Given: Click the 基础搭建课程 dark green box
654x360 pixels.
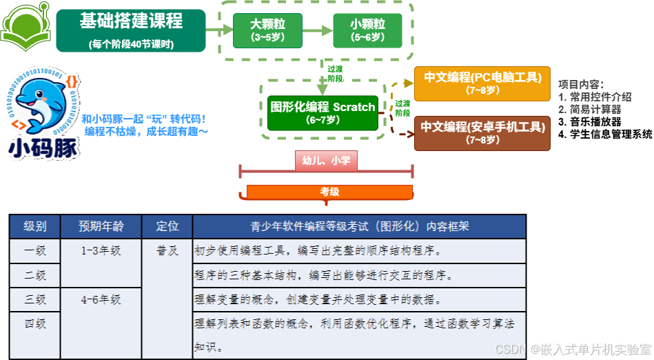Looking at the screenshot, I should (x=131, y=30).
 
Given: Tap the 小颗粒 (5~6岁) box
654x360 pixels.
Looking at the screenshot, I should (x=367, y=30).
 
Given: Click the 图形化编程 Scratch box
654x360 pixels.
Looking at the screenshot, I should (x=323, y=112).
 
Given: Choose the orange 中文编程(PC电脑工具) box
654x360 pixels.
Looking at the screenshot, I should (x=482, y=83).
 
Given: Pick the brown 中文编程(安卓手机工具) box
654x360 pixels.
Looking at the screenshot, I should (x=482, y=133).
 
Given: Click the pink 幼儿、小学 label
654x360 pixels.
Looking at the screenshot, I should (x=326, y=161).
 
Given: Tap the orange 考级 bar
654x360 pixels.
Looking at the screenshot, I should (x=329, y=192).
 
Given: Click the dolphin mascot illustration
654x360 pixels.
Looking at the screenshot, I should (x=41, y=103).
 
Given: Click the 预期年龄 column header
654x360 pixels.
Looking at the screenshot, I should (x=101, y=226).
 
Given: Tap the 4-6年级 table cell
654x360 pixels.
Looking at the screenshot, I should (x=101, y=299).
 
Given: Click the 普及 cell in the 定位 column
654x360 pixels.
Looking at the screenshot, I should (x=167, y=250).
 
